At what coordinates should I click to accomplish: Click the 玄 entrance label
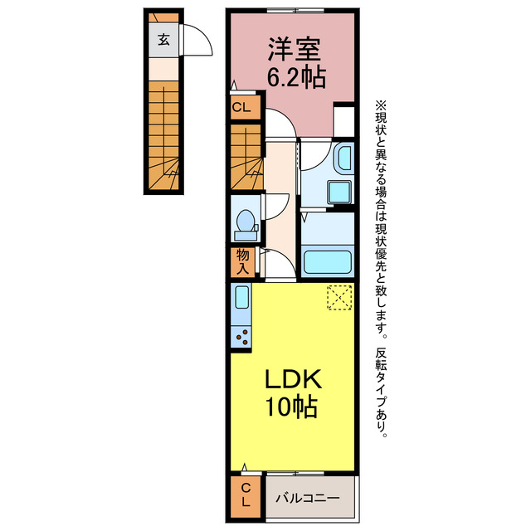coord(163,38)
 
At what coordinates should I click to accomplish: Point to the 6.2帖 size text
coord(295,77)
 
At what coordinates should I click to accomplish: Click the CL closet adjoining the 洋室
coord(241,106)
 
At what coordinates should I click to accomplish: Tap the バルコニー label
coord(308,498)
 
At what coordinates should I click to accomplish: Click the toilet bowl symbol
coord(246,222)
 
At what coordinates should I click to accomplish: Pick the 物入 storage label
coord(241,262)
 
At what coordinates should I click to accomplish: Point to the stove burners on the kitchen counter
coord(243,336)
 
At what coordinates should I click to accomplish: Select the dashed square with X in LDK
coord(339,297)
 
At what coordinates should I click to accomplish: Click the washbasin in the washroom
coord(342,157)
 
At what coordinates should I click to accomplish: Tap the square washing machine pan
coord(339,192)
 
